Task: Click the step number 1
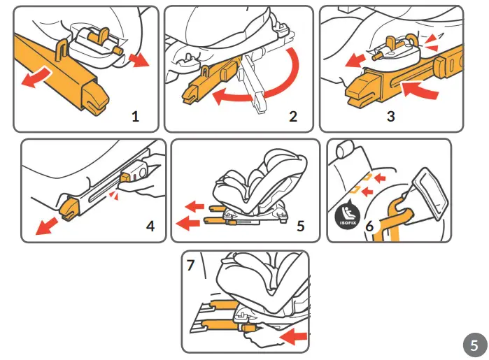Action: [135, 117]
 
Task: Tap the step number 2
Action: [293, 117]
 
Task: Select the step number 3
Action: [391, 116]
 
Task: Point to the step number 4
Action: [150, 226]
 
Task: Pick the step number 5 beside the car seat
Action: [300, 226]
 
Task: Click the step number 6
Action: [369, 226]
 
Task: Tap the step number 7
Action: [190, 265]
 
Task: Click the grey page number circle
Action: [474, 345]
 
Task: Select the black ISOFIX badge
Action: [348, 215]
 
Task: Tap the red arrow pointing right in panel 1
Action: [139, 59]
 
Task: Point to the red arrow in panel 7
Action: [293, 337]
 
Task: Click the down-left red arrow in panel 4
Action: [46, 226]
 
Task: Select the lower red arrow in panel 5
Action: [187, 223]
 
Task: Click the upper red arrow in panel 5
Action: [194, 206]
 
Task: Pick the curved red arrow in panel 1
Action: [35, 78]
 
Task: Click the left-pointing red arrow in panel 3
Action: [355, 61]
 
